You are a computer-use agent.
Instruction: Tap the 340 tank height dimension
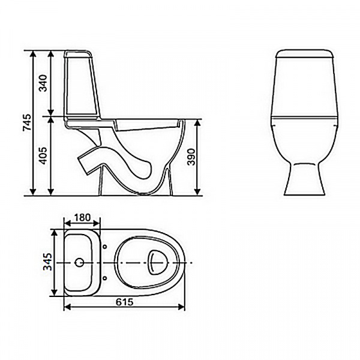[x=43, y=83]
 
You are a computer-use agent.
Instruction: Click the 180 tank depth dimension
[x=82, y=217]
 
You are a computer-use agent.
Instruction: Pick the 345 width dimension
[x=47, y=262]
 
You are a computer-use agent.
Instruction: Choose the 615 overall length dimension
[x=125, y=301]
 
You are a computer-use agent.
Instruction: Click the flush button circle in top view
[x=79, y=263]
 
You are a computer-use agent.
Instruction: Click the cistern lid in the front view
[x=304, y=56]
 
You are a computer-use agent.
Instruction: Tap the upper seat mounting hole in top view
[x=105, y=246]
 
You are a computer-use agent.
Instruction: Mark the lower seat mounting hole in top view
[x=105, y=279]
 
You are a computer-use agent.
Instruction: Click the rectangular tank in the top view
[x=80, y=263]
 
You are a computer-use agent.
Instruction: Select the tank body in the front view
[x=304, y=87]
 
